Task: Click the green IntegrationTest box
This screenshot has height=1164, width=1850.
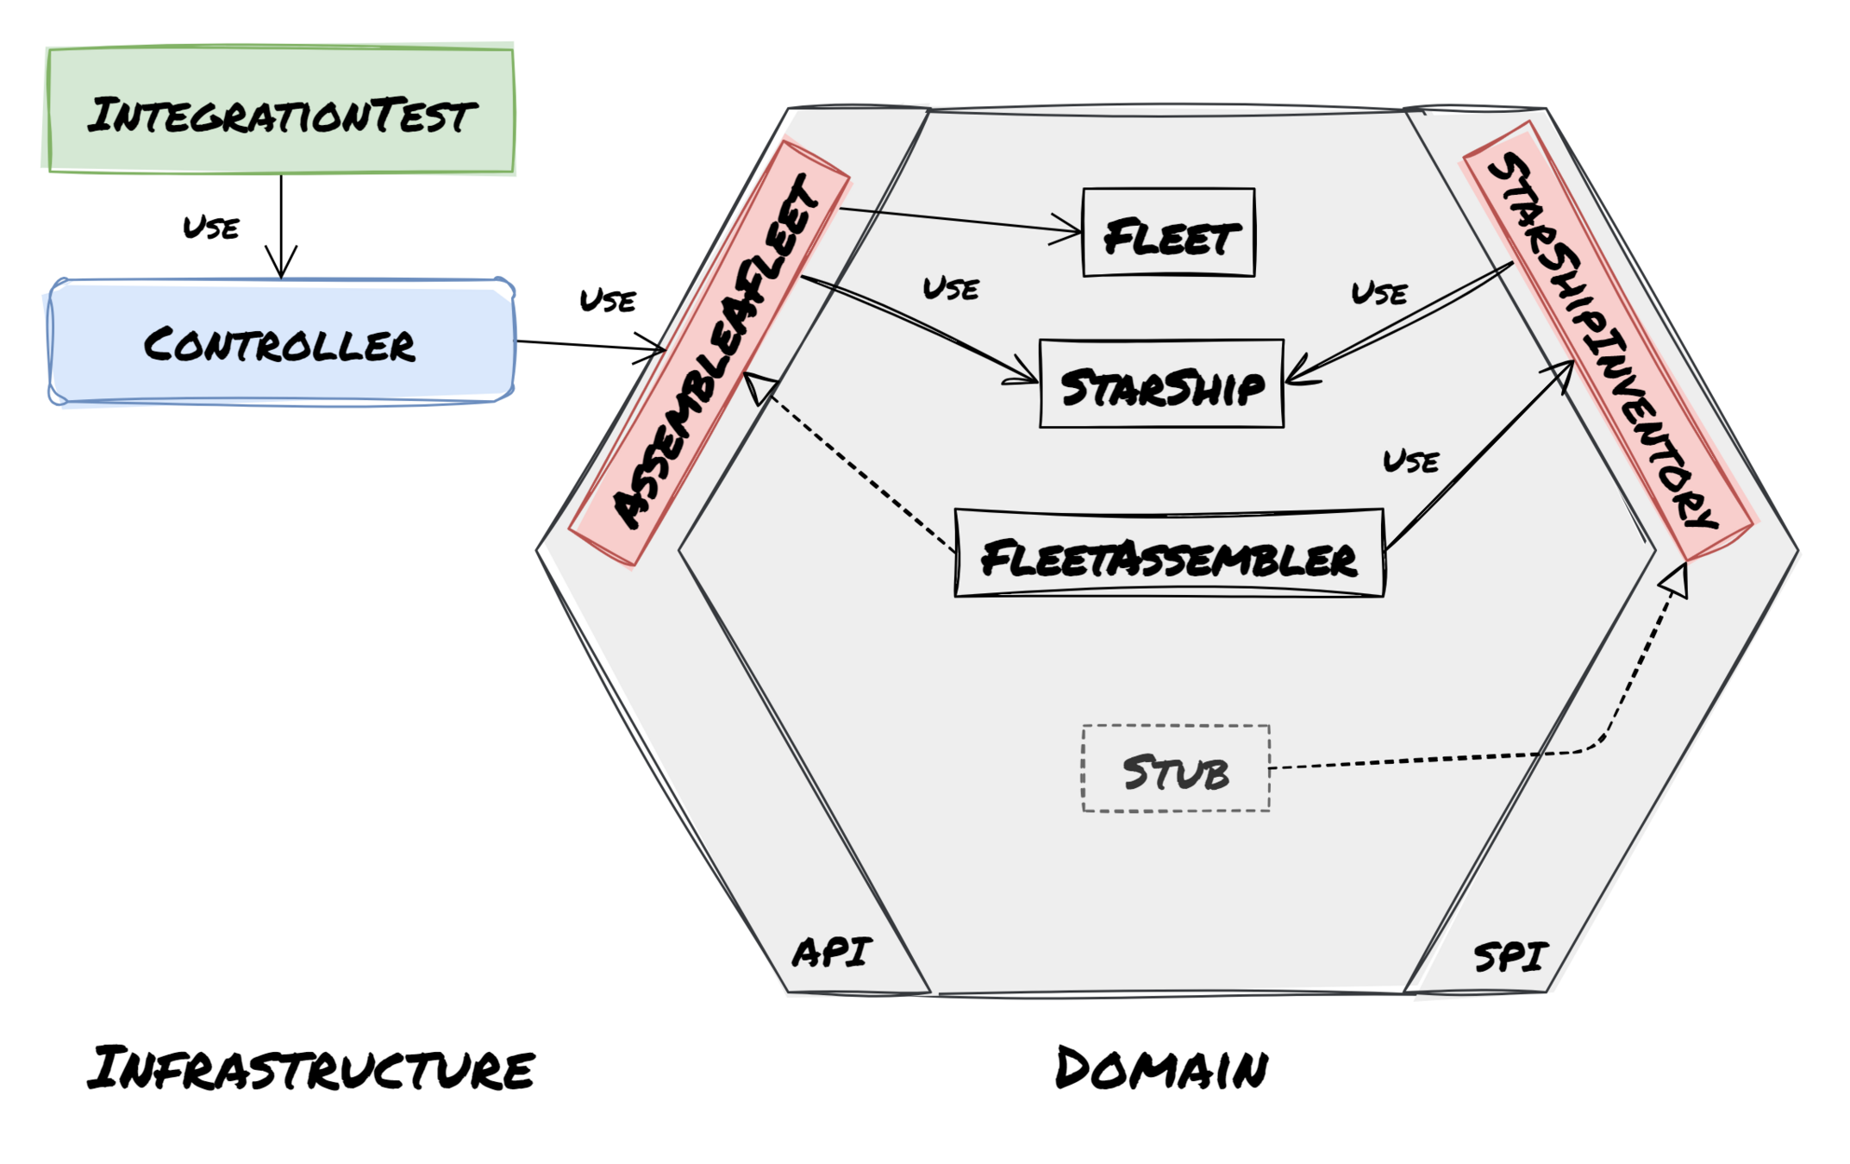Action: tap(281, 110)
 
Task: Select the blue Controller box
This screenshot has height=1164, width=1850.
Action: tap(281, 342)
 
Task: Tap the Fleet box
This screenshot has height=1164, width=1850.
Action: tap(1168, 233)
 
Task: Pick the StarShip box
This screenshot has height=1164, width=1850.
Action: tap(1161, 385)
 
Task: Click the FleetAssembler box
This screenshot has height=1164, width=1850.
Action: tap(1169, 554)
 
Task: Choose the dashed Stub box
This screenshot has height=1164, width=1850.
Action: tap(1176, 769)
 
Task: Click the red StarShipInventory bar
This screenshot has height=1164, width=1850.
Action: tap(1609, 340)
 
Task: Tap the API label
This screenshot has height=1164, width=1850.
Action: tap(831, 952)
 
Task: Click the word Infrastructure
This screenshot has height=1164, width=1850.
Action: tap(310, 1069)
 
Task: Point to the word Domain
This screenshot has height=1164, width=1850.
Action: tap(1161, 1069)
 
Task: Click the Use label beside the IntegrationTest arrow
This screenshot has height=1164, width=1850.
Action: tap(211, 228)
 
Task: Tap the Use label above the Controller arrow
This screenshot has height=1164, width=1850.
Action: tap(608, 300)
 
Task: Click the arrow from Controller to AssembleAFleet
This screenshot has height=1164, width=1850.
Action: tap(591, 346)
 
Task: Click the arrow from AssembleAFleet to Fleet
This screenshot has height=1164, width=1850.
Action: tap(957, 219)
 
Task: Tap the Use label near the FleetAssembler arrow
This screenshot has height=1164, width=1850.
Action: tap(1411, 461)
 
